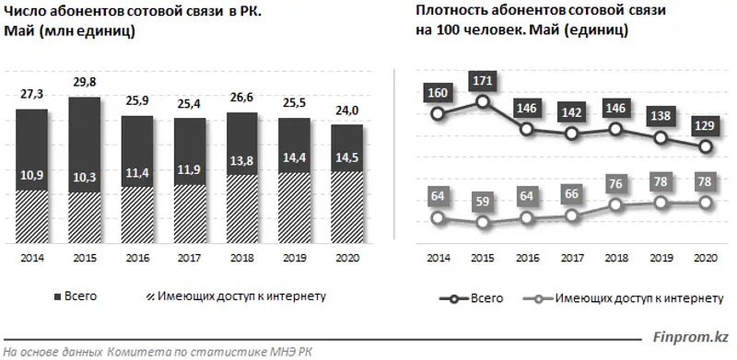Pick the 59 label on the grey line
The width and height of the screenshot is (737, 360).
[483, 200]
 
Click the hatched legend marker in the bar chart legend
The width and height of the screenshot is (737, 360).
[150, 296]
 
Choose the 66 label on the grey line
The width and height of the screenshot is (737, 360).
[571, 193]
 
